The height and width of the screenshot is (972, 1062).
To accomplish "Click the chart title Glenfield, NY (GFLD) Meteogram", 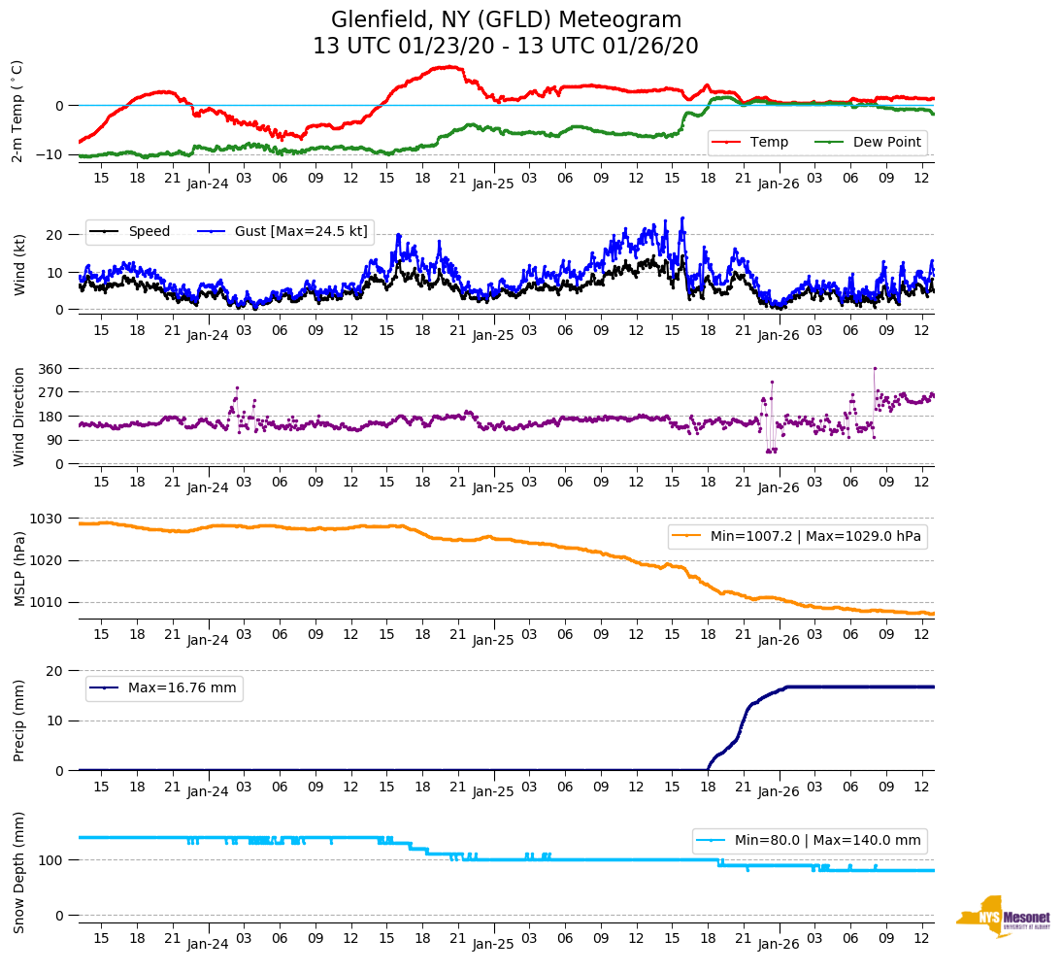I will tap(506, 19).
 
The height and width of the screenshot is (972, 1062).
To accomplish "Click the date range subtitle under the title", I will tap(506, 46).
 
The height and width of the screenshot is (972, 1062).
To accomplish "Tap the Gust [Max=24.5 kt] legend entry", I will tap(300, 231).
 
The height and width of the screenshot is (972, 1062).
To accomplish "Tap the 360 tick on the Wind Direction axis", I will tap(50, 369).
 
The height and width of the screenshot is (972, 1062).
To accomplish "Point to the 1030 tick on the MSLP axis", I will tap(49, 519).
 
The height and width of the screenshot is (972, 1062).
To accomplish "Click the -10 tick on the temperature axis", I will tap(50, 155).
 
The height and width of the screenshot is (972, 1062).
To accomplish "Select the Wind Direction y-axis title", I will tap(18, 416).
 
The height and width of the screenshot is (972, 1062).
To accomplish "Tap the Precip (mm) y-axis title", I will tap(18, 720).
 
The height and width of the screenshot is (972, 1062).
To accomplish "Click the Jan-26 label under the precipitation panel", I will tap(778, 791).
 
